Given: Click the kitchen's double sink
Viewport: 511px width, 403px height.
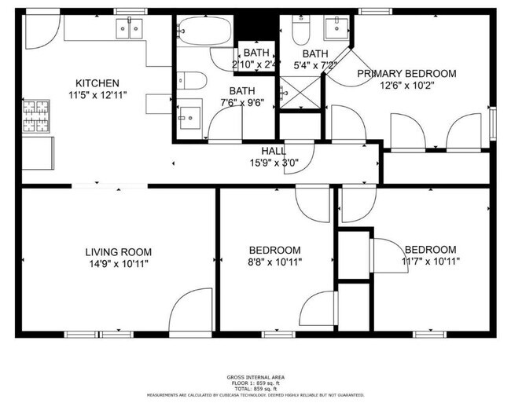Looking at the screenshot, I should (x=129, y=29).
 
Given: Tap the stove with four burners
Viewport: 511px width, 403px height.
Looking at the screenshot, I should (x=35, y=117).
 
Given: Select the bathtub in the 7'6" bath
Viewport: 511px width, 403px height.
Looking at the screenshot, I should (x=204, y=32).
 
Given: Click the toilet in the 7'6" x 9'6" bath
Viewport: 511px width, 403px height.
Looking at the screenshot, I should (x=191, y=81).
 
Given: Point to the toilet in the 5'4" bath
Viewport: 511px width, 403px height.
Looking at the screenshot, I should (x=300, y=31).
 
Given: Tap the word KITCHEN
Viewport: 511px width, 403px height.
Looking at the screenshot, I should (x=97, y=83).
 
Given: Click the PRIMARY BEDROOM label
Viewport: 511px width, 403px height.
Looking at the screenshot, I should (x=406, y=74).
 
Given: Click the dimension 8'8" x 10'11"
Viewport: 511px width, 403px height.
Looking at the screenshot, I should (x=274, y=262).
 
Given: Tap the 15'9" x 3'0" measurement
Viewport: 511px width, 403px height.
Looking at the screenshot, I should (x=274, y=163).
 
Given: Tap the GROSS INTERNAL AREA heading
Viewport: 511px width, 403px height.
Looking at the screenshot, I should (x=255, y=376).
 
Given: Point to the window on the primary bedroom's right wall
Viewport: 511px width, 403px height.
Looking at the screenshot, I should (x=492, y=123).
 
